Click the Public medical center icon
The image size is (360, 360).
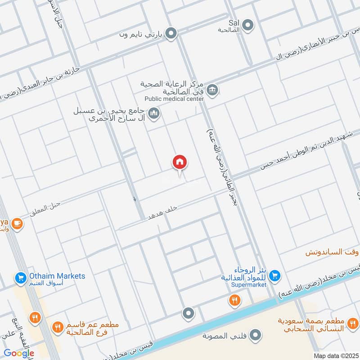tap(214, 89)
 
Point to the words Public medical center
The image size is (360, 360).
tap(174, 99)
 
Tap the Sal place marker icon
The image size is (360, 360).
tap(248, 25)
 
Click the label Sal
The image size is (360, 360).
tap(234, 22)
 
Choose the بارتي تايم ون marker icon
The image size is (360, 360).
tap(171, 33)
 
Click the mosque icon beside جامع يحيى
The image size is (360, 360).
tap(154, 113)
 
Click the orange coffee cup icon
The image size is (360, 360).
tap(17, 223)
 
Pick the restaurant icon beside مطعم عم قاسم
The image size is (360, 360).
tap(57, 327)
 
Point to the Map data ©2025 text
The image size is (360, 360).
tap(335, 355)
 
